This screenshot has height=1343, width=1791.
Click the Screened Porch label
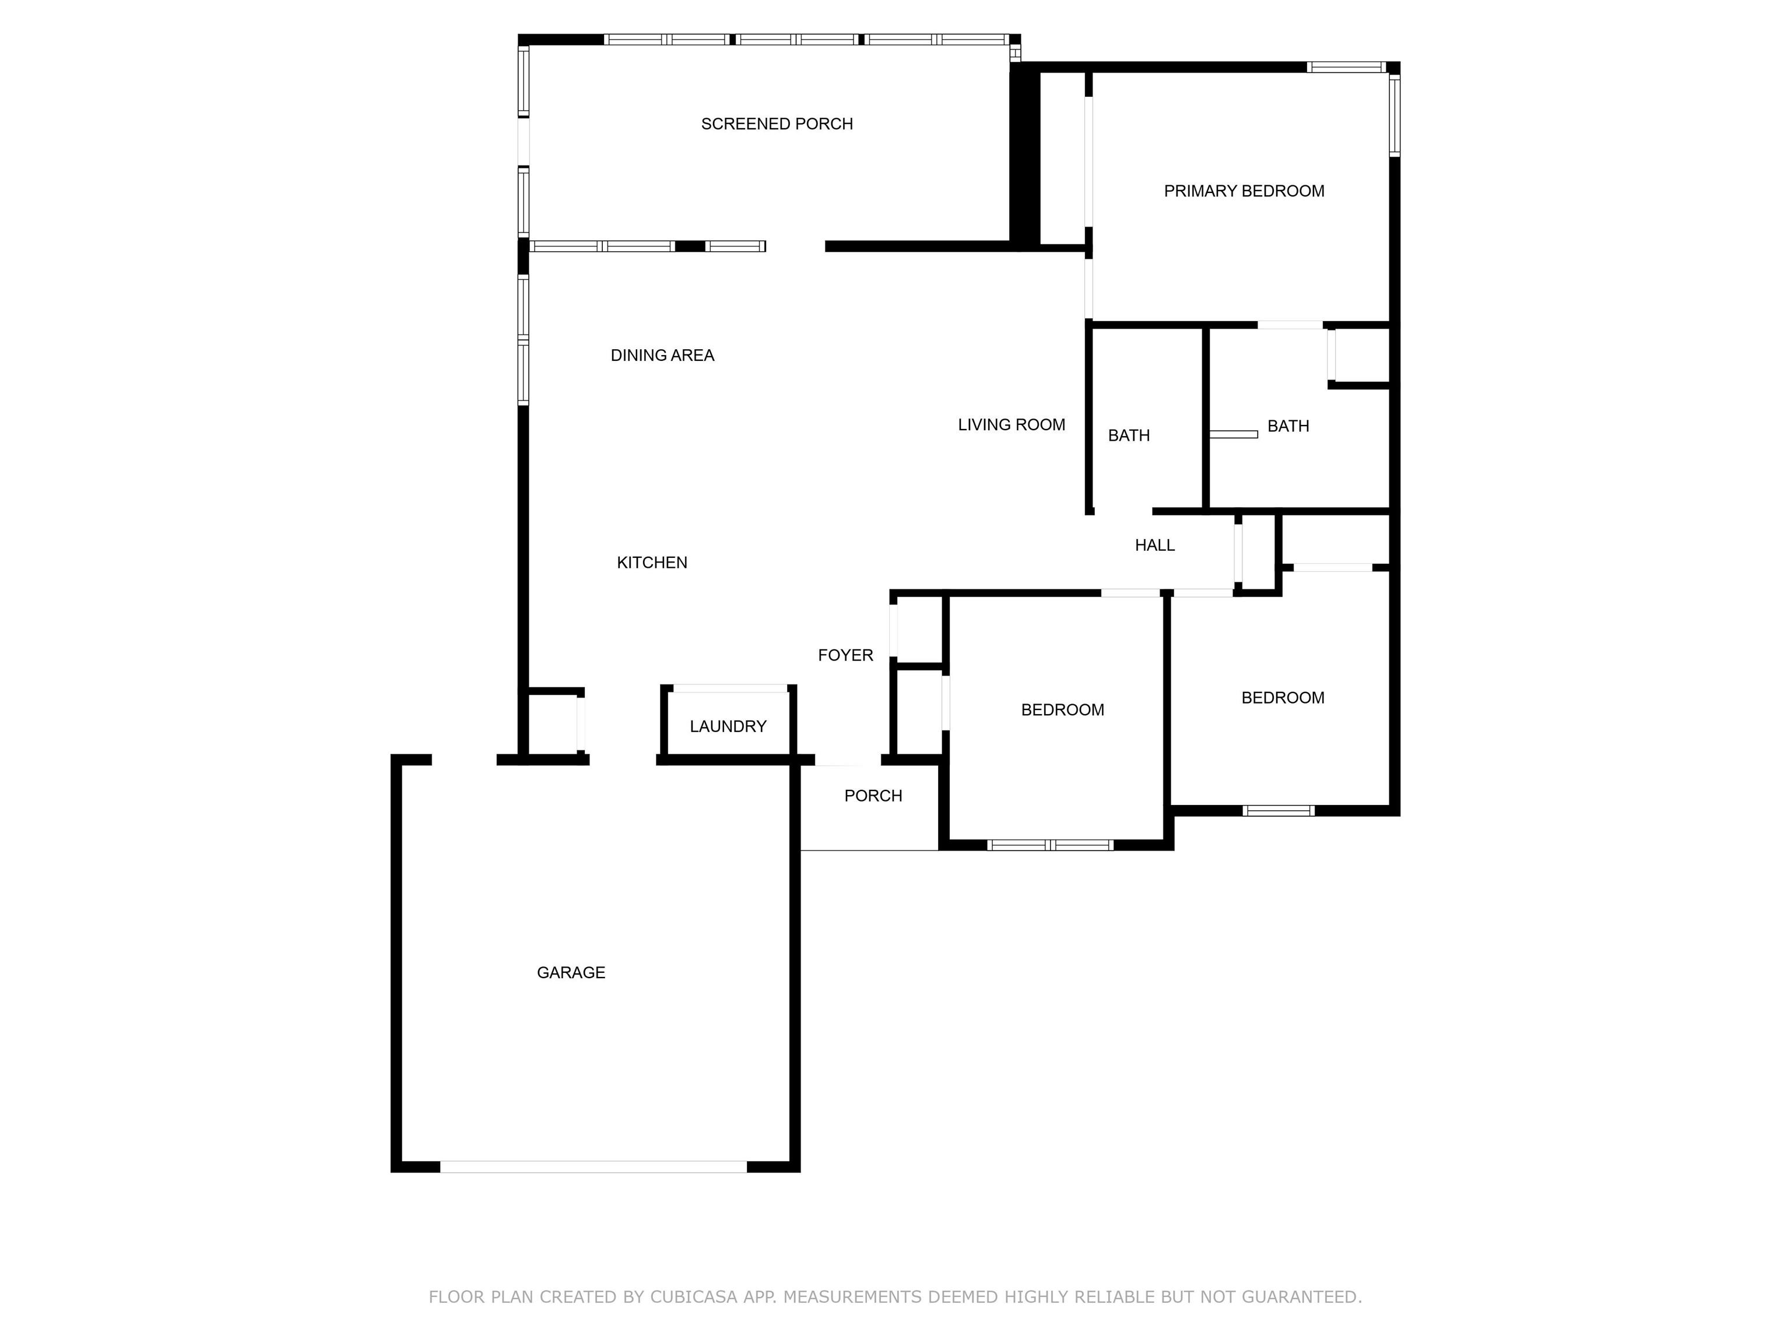point(777,124)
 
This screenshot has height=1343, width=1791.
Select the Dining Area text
point(662,356)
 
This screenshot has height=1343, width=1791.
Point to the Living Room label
point(1012,425)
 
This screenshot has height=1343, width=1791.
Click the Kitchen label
point(652,562)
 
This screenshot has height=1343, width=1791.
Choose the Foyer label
point(845,656)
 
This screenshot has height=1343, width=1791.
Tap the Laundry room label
point(728,727)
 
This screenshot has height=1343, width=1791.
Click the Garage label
point(571,973)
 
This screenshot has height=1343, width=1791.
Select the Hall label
point(1154,546)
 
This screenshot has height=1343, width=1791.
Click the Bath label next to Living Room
point(1129,435)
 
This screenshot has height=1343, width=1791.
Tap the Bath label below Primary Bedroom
point(1288,426)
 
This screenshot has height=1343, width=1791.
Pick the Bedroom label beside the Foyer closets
point(1062,710)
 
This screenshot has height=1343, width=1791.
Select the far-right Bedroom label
point(1283,698)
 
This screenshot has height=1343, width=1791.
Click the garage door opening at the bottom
point(594,1166)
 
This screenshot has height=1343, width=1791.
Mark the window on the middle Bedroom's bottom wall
point(1050,845)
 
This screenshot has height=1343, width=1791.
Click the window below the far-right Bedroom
point(1279,810)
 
